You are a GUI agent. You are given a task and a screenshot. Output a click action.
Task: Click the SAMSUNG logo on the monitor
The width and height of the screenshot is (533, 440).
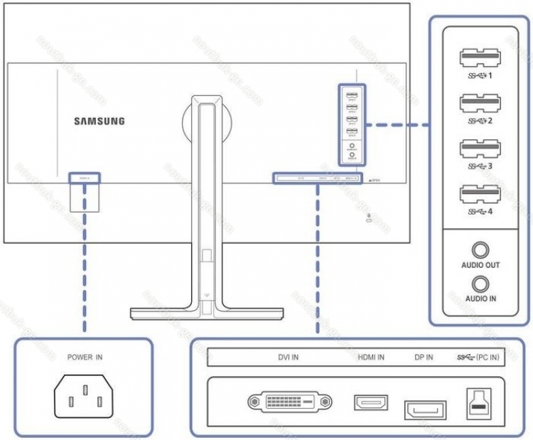[99, 121]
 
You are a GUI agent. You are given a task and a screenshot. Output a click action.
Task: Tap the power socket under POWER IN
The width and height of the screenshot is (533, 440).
[84, 394]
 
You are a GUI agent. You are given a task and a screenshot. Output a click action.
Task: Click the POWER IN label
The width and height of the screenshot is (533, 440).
[85, 358]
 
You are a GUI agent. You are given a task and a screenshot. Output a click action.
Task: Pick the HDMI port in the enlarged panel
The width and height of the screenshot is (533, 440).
[370, 402]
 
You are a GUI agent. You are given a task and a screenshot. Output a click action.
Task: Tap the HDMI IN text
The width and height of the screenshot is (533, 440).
[371, 358]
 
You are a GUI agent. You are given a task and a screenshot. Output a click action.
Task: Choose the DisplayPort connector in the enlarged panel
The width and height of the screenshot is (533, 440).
[425, 409]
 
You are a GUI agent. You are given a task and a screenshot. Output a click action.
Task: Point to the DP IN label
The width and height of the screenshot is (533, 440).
[423, 358]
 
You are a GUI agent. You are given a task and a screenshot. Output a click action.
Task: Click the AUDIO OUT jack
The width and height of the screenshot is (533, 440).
[481, 249]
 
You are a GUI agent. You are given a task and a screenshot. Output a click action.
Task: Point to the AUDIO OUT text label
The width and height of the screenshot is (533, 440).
[481, 265]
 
